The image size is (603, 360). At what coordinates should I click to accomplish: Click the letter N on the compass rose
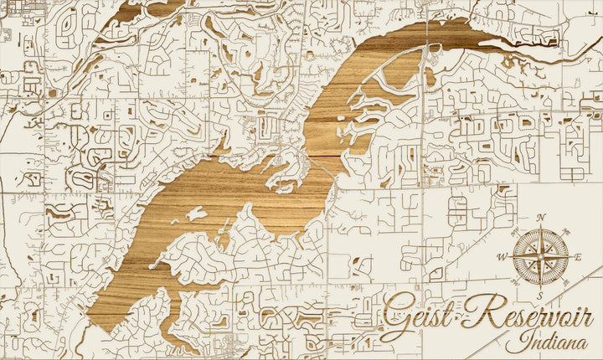click(542, 219)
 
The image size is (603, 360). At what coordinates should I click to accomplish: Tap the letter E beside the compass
click(579, 257)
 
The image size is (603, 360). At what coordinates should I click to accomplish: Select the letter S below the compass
click(541, 296)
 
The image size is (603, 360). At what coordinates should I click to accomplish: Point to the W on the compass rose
click(503, 257)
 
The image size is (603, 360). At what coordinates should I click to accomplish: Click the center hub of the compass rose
click(541, 257)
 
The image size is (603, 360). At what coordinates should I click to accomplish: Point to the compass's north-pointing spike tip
click(541, 228)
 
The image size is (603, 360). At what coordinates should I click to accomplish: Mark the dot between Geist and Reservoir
click(456, 319)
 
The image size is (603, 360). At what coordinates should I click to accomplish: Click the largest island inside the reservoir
click(195, 214)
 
